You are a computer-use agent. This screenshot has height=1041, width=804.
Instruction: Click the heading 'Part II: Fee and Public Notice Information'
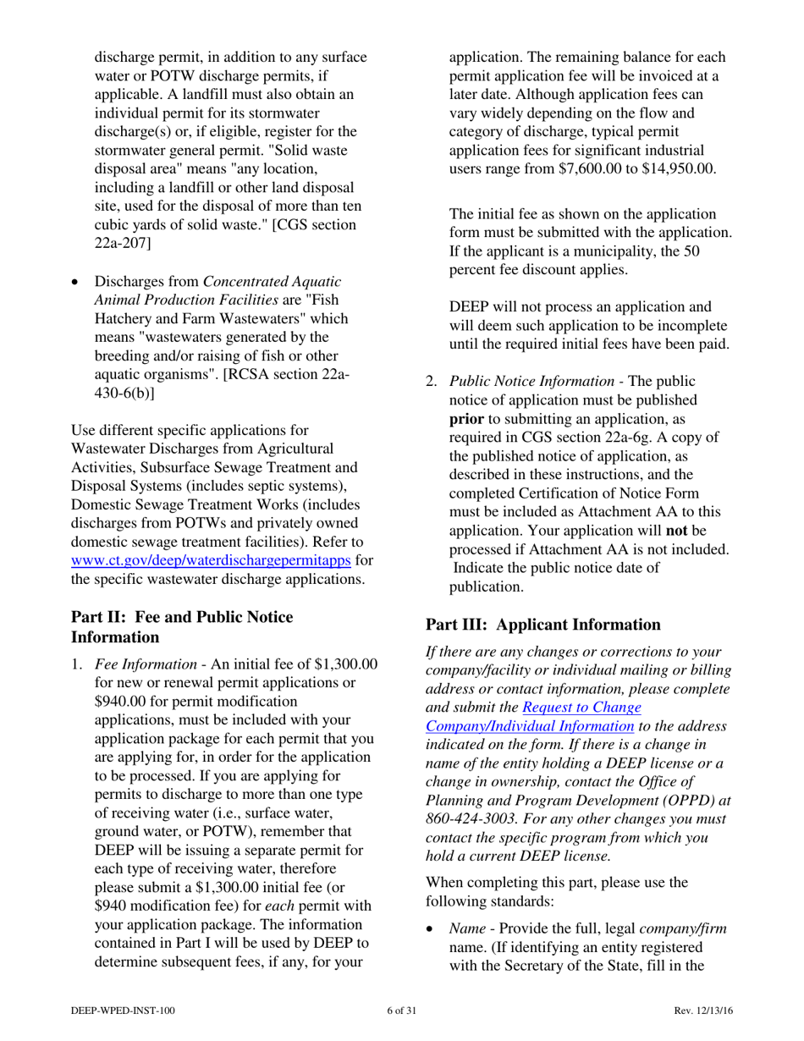[x=181, y=626]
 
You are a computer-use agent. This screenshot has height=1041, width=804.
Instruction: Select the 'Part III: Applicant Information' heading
[x=542, y=625]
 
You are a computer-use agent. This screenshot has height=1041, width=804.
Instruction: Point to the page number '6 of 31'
[x=401, y=1011]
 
